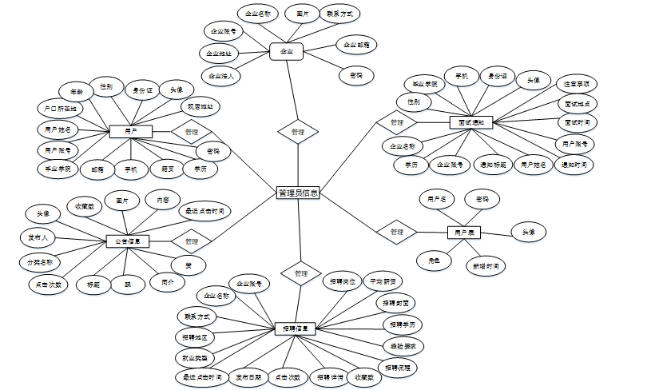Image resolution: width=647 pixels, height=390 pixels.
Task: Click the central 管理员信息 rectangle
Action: (x=298, y=193)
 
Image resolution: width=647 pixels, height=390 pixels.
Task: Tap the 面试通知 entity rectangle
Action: (x=471, y=122)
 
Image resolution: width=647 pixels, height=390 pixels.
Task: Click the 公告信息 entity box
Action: (x=128, y=241)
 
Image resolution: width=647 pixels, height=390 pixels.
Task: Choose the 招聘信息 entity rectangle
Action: (x=298, y=328)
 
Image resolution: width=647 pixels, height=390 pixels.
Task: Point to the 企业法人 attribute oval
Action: (x=220, y=77)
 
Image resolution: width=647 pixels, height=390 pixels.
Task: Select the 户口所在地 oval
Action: (x=60, y=108)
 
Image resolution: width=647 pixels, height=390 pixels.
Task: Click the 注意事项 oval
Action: (x=576, y=84)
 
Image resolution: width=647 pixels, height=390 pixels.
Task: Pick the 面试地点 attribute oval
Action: (x=577, y=104)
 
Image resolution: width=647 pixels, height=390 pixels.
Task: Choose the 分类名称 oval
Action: (x=40, y=261)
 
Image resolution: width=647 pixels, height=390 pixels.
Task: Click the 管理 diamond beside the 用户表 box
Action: (x=397, y=232)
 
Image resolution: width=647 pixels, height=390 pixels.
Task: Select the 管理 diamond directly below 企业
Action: (x=297, y=132)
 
